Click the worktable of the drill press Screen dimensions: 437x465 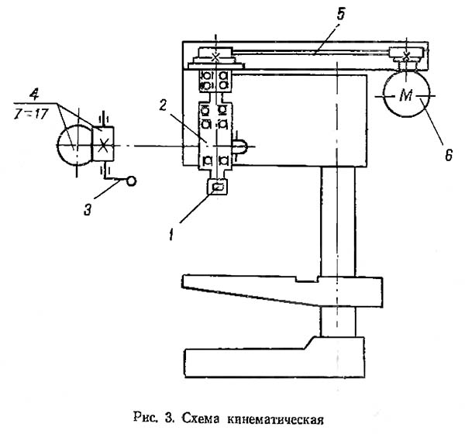click(x=279, y=290)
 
